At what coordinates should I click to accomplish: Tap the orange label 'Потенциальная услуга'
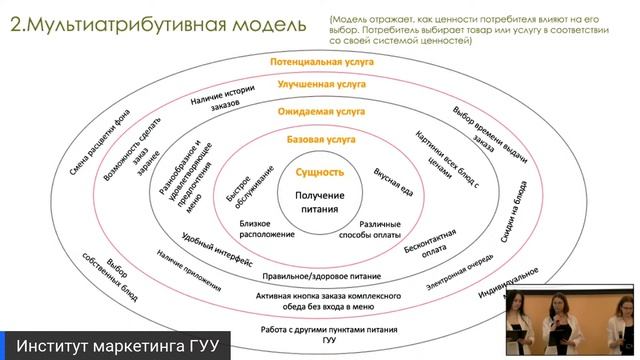tap(321, 62)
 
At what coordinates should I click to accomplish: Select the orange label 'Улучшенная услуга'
tap(321, 87)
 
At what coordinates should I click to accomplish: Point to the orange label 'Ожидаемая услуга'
tap(321, 113)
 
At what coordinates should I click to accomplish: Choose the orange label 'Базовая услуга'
tap(321, 141)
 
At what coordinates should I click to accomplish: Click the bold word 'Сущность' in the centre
tap(321, 173)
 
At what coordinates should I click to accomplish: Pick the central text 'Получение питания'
tap(321, 202)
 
